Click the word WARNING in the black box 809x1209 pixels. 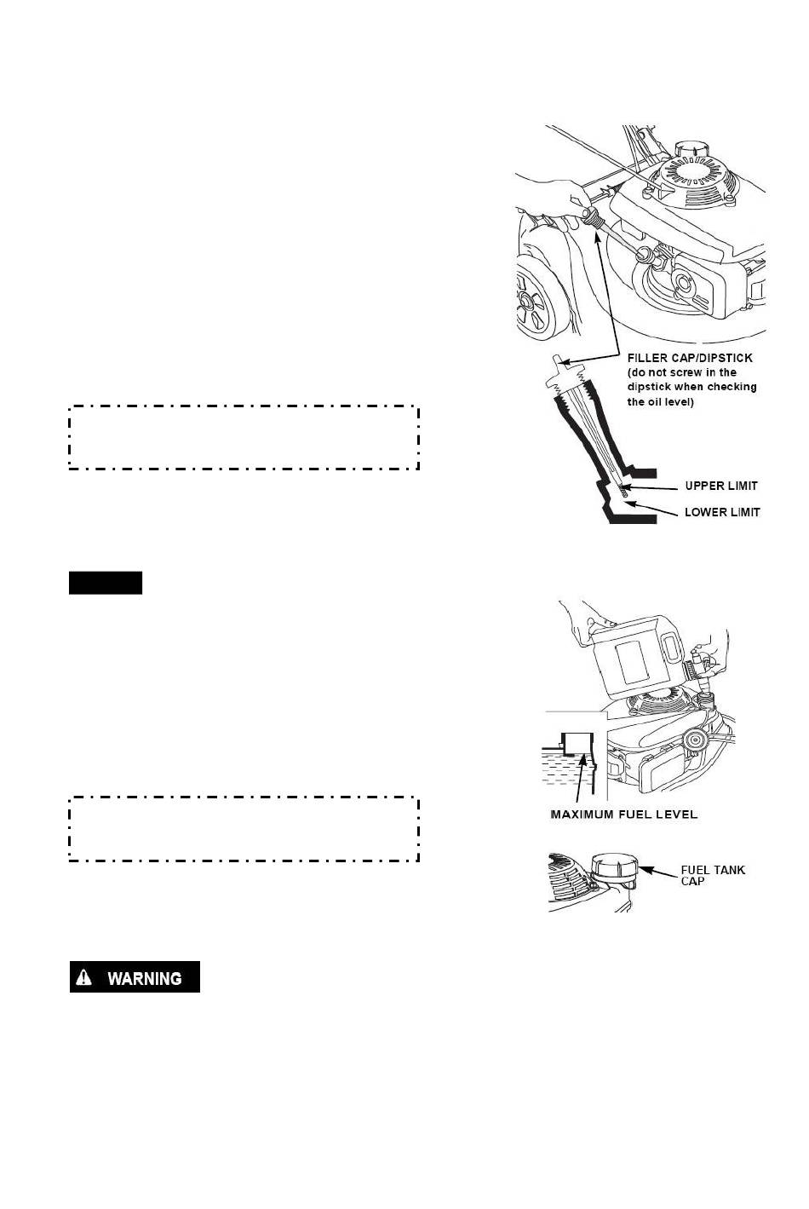tap(144, 978)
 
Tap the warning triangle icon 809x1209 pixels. tap(85, 977)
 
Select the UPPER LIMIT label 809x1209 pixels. tap(721, 486)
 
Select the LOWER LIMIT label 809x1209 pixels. tap(722, 512)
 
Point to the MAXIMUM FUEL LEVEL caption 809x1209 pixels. tap(624, 815)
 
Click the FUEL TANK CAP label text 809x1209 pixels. tap(712, 875)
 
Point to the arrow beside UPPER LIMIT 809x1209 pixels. tap(656, 488)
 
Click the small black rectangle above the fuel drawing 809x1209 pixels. tap(106, 584)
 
